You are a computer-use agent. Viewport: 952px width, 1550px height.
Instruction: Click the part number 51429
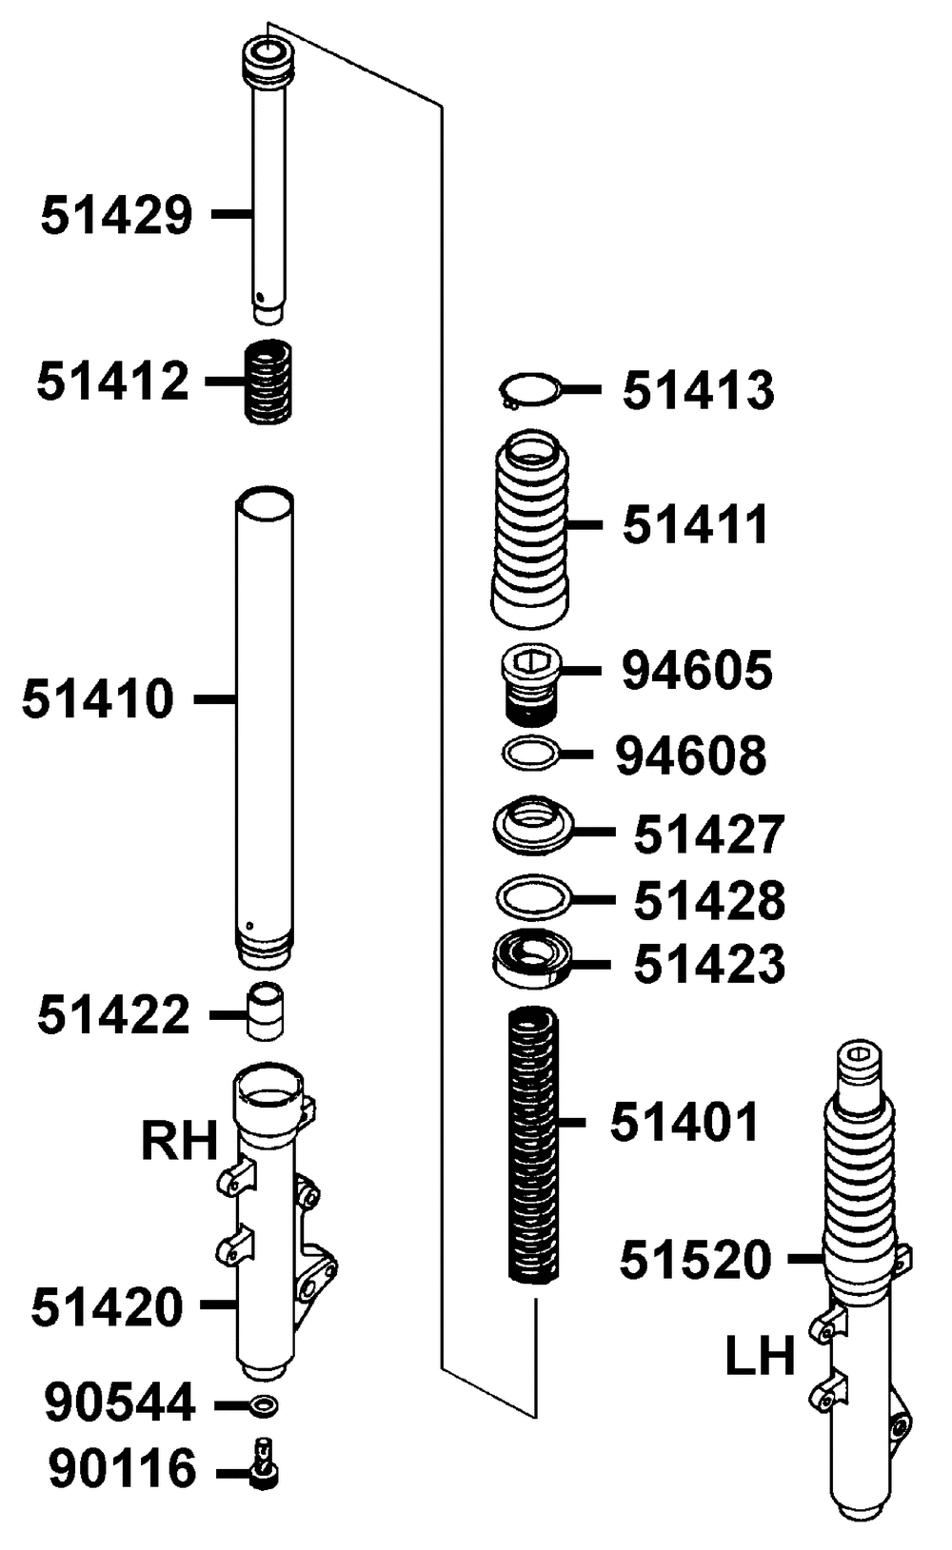(x=116, y=215)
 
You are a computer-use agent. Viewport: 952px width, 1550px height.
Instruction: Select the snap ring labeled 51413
(x=529, y=391)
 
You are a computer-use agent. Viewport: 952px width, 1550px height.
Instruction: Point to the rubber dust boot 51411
(x=530, y=529)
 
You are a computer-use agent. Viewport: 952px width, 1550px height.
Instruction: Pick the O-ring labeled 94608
(x=530, y=754)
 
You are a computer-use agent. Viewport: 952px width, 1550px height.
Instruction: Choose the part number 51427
(x=709, y=834)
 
